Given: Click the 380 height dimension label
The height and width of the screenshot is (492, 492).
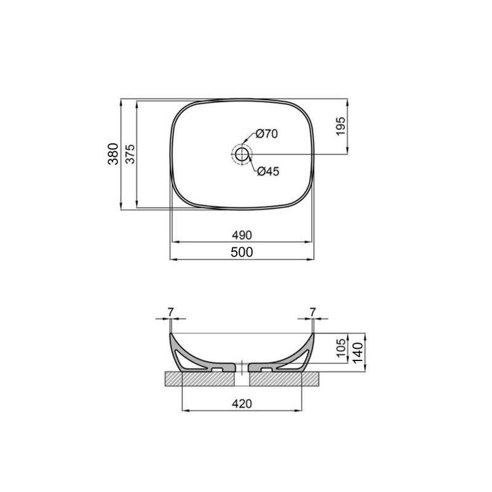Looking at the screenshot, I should point(113,154).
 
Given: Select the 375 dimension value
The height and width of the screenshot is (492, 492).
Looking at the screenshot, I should point(130,154).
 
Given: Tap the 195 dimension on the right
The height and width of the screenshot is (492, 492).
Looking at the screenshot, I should point(341,126).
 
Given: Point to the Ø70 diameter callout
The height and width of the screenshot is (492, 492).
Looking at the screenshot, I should point(267,133).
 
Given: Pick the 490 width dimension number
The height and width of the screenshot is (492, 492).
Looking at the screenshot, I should point(242,235).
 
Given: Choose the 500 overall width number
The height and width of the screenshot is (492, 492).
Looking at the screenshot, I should point(242,252).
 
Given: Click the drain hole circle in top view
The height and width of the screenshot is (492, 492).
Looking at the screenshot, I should point(242,154).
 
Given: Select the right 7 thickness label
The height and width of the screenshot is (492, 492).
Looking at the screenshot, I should point(314,312).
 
